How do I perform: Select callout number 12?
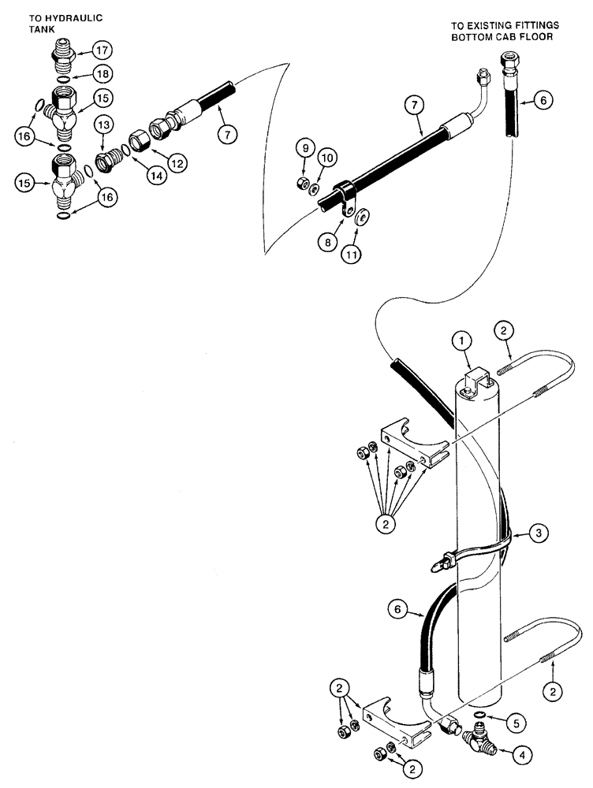click(x=177, y=163)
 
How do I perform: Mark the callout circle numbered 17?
click(x=103, y=49)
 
